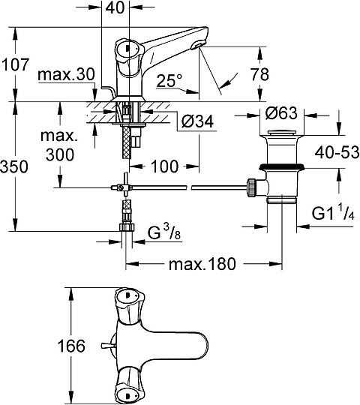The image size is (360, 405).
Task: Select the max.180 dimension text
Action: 202,263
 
